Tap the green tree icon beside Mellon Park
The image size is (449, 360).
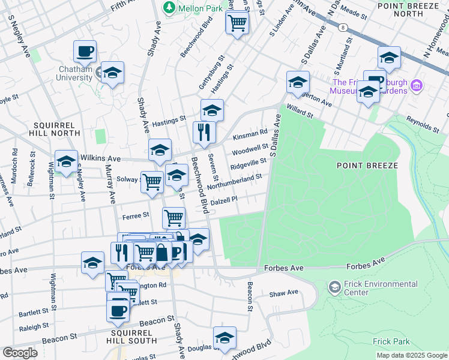point(170,8)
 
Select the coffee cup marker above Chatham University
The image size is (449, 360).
point(85,52)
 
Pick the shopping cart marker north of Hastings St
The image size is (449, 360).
point(237,23)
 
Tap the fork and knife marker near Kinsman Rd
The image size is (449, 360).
point(204,133)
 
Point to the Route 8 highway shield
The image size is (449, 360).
point(342,28)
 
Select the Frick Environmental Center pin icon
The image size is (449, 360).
point(334,287)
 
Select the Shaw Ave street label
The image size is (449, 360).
point(284,293)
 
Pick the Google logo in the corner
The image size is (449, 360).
point(20,352)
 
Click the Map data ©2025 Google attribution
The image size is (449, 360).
point(411,355)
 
